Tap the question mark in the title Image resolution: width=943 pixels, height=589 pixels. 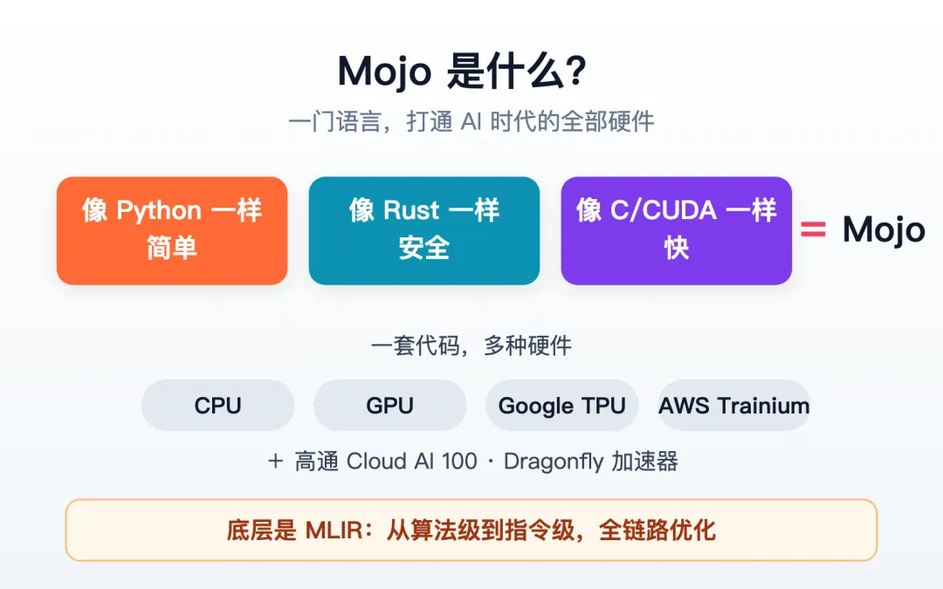point(575,71)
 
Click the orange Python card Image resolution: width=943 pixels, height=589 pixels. point(172,230)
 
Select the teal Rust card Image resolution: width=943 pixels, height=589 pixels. point(424,230)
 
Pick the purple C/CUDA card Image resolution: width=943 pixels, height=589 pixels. point(676,230)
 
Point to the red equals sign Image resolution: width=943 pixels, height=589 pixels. point(813,229)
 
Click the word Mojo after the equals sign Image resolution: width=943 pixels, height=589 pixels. point(884,230)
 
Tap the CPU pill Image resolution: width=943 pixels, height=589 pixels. point(217,405)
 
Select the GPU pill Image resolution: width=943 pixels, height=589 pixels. point(389,405)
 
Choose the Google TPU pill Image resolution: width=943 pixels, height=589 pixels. point(561,405)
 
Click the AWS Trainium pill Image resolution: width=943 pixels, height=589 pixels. point(733,405)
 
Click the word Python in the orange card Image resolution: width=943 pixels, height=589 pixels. point(159,211)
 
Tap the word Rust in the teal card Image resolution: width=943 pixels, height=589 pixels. point(411,210)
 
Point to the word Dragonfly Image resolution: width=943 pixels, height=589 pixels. point(554,462)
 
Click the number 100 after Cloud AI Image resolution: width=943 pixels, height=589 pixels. point(459,461)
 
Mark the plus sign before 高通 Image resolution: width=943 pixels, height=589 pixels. point(275,461)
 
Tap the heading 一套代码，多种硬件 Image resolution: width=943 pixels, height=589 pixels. point(471,346)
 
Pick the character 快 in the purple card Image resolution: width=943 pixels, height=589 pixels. point(676,248)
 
